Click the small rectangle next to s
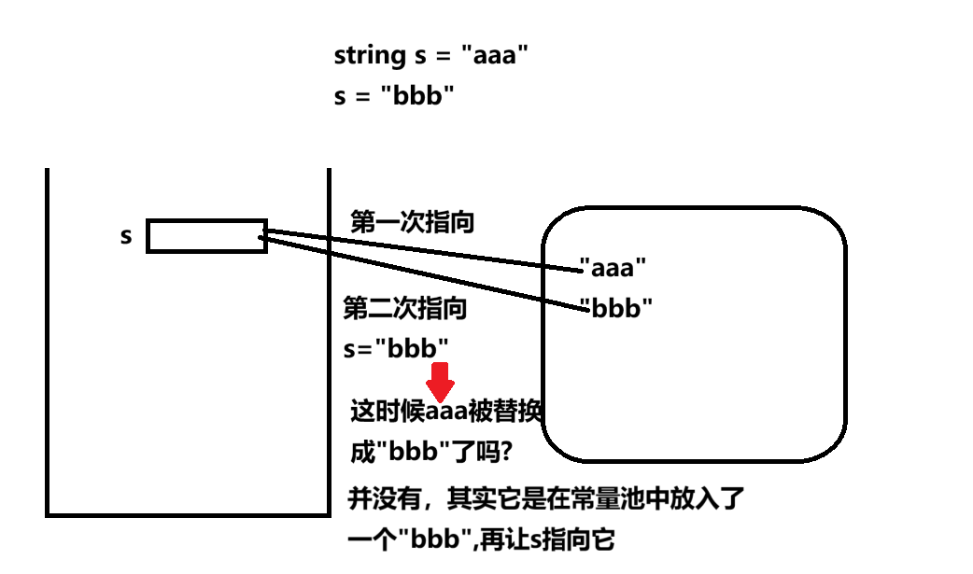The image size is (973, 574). click(x=206, y=236)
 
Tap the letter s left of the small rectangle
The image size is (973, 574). click(x=127, y=236)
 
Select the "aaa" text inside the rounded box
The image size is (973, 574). click(x=613, y=269)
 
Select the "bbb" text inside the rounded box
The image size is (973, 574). click(x=615, y=308)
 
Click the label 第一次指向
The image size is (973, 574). click(x=412, y=222)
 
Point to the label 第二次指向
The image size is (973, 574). click(x=405, y=308)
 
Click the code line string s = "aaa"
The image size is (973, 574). click(x=431, y=56)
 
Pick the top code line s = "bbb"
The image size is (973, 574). click(x=394, y=96)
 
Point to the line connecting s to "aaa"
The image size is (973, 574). click(x=420, y=249)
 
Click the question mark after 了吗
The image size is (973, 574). click(x=505, y=453)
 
